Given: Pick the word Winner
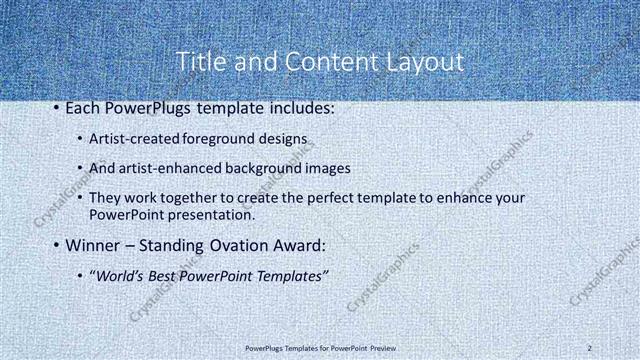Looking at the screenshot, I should [x=95, y=245].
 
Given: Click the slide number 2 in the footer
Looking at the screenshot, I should [x=591, y=347].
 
